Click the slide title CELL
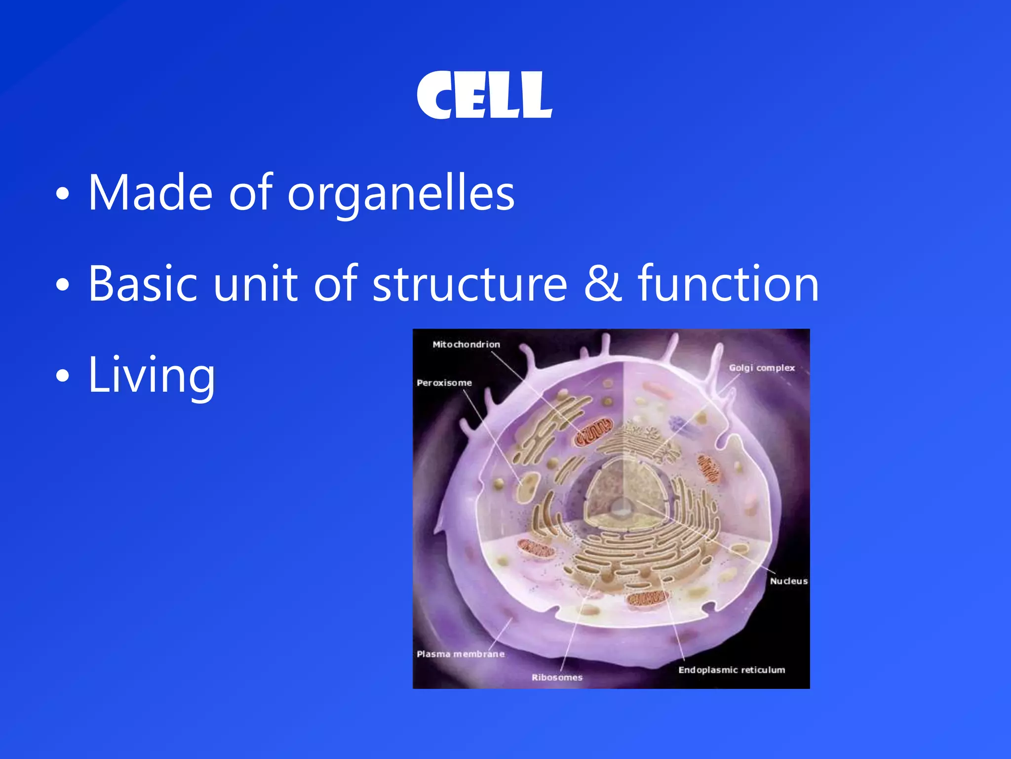tap(484, 95)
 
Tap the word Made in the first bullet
tap(151, 192)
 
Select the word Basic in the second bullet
tap(143, 284)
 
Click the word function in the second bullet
tap(728, 284)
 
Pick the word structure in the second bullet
tap(469, 285)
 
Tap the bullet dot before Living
tap(63, 376)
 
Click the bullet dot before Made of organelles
tap(63, 194)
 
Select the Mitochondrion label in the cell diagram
tap(466, 344)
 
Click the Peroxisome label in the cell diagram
tap(444, 383)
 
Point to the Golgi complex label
tap(762, 368)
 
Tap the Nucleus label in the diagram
tap(788, 581)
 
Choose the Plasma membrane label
tap(461, 654)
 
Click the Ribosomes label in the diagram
tap(557, 677)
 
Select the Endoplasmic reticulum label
tap(731, 670)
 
